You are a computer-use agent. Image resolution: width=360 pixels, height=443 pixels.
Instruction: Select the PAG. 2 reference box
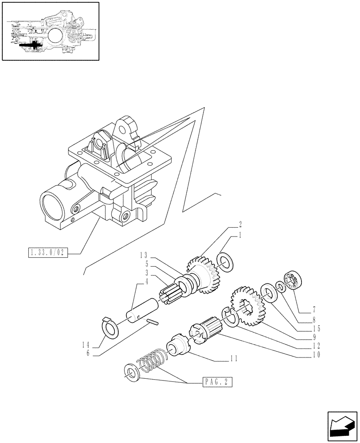[x=218, y=382]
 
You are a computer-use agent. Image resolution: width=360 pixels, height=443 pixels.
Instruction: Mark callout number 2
[x=240, y=224]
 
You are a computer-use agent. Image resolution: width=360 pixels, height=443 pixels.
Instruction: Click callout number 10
[x=316, y=354]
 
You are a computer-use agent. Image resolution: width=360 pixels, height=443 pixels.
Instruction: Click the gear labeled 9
[x=246, y=306]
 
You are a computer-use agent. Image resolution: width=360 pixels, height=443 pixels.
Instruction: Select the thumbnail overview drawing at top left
[x=50, y=31]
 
